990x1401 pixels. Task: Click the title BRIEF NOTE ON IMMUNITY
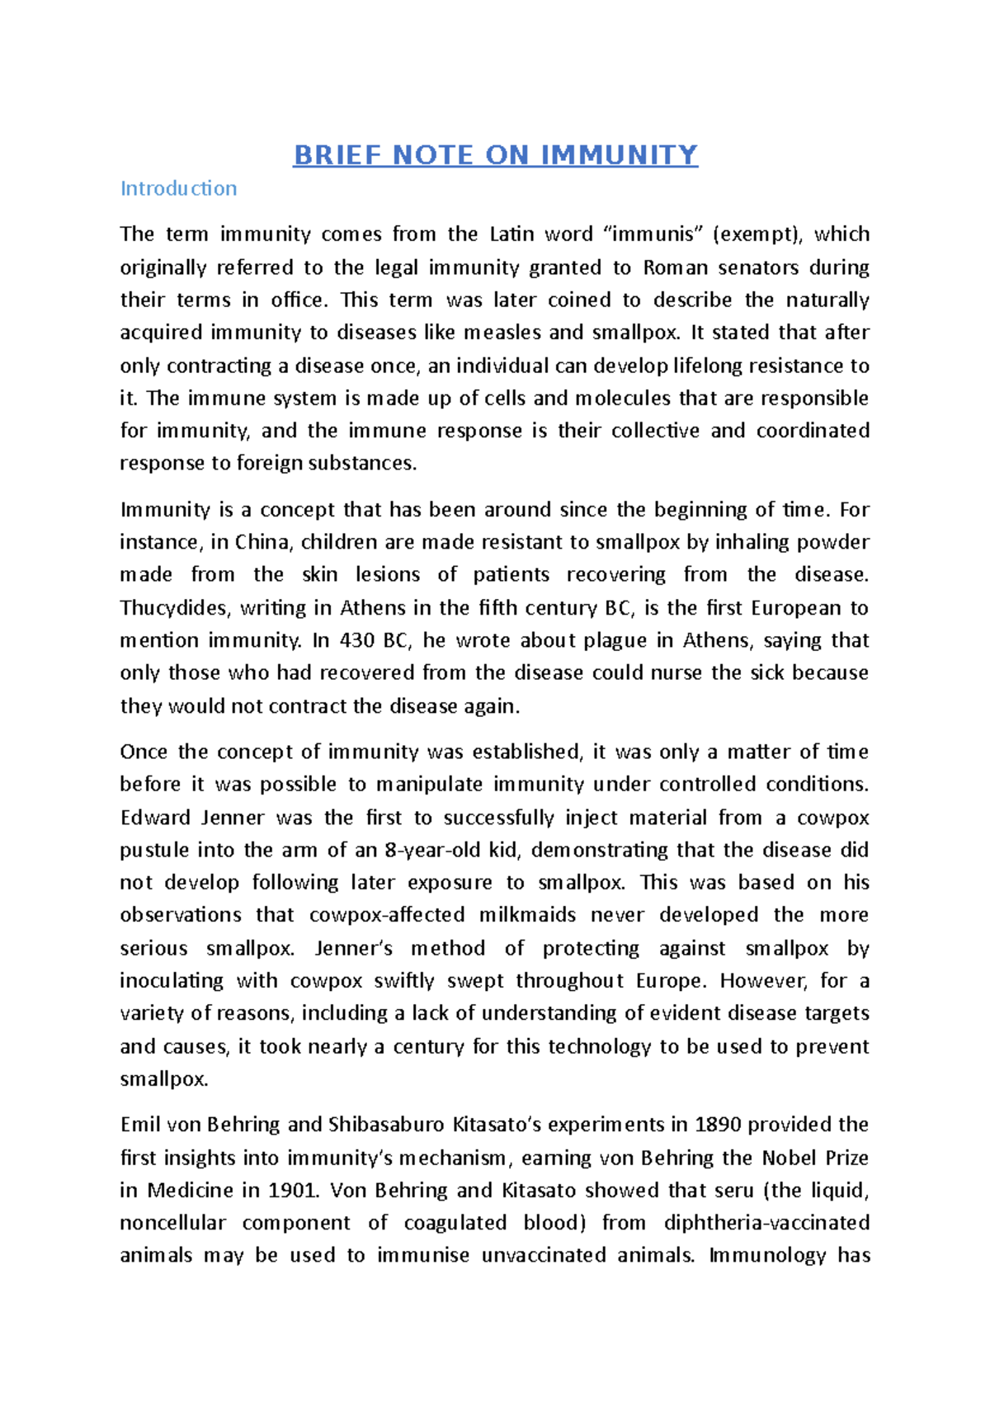pos(495,155)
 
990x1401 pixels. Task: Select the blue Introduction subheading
pos(178,189)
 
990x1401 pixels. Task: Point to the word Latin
pos(511,234)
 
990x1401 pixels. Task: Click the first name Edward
pos(155,818)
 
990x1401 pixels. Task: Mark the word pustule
pos(154,851)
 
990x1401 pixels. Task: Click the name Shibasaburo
pos(387,1125)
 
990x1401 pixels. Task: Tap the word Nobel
pos(789,1158)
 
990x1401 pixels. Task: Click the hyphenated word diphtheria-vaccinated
pos(767,1223)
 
